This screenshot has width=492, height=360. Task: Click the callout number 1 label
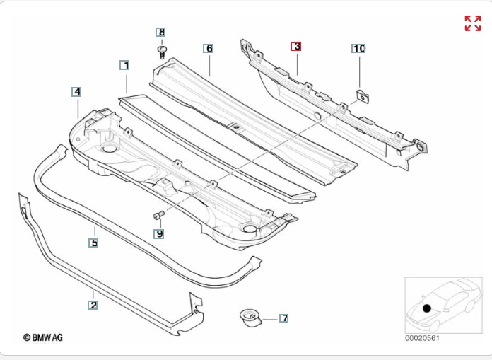coord(125,65)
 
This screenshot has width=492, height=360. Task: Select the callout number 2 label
coord(93,305)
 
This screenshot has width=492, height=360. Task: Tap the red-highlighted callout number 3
coord(296,47)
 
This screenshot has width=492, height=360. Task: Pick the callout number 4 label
coord(76,92)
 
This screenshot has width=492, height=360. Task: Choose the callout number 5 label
coord(93,243)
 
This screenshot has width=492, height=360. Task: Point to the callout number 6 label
coord(209,48)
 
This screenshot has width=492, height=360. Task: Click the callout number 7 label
coord(283,318)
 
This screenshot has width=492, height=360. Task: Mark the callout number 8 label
coord(160,32)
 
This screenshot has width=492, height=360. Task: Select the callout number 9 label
coord(159,233)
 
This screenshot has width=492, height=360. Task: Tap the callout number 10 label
coord(358,48)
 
